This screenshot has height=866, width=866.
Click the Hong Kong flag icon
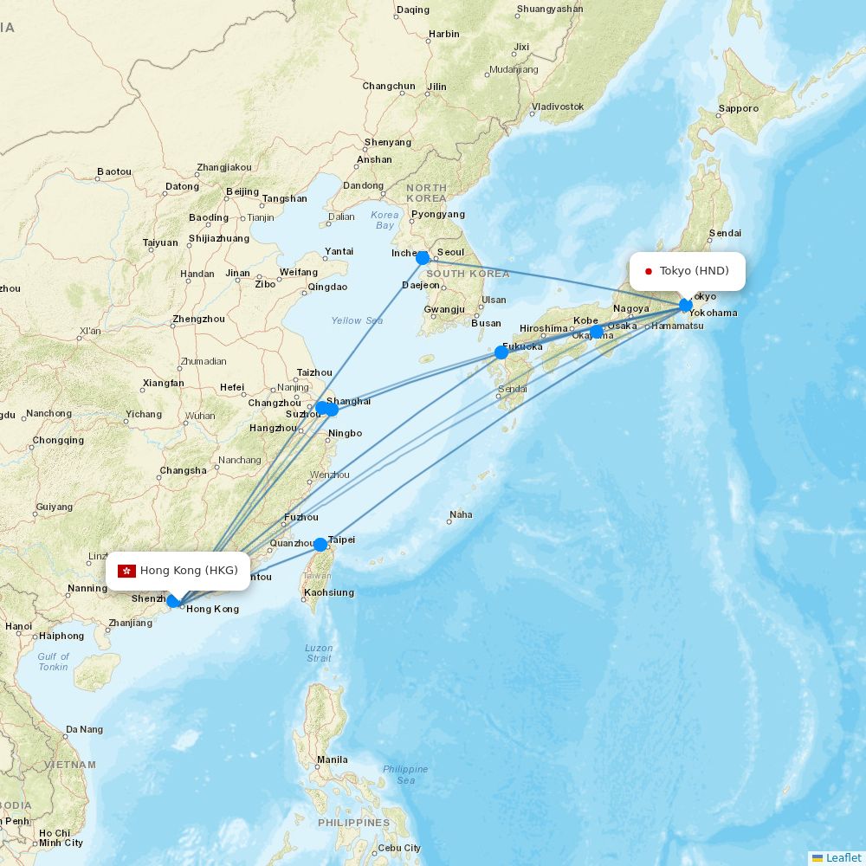tap(127, 570)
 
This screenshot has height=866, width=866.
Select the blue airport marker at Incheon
tap(423, 258)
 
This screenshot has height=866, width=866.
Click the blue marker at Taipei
tap(320, 545)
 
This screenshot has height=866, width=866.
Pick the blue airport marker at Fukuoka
tap(501, 352)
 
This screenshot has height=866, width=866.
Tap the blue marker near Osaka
tap(597, 332)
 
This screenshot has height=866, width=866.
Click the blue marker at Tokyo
tap(686, 305)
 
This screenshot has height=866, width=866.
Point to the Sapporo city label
tap(738, 109)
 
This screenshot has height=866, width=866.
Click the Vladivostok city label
tap(558, 107)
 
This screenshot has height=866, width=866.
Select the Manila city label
tap(333, 760)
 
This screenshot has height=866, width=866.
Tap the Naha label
tap(461, 514)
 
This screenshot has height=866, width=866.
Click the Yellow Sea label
tap(357, 320)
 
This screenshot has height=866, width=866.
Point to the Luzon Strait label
tap(319, 653)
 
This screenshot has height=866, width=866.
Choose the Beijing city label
tap(242, 191)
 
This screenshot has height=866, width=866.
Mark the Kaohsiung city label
tap(329, 593)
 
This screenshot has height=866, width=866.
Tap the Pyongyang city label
tap(437, 214)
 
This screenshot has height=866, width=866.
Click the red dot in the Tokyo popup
tap(648, 271)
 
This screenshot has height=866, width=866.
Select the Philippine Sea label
tap(405, 774)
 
